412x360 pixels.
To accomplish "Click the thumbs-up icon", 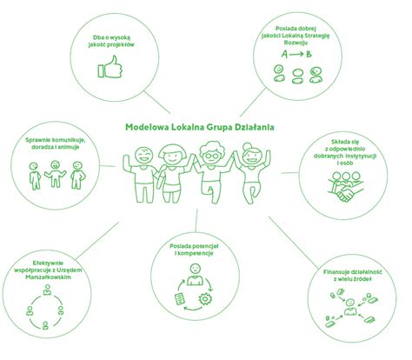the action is [x=110, y=67].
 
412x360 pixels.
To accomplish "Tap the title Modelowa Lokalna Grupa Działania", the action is [x=200, y=127].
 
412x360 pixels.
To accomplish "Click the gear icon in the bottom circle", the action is [x=205, y=298].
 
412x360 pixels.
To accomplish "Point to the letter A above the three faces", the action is [x=284, y=54].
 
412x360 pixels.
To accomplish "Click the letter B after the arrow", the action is [x=309, y=54].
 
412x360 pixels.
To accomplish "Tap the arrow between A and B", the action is [x=296, y=54].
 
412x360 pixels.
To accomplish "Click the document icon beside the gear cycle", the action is [x=180, y=299].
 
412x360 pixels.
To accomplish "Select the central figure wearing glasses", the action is [x=213, y=171].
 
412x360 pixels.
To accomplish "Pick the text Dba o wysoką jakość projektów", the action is [x=111, y=41].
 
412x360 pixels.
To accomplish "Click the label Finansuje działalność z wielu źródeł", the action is [x=352, y=276].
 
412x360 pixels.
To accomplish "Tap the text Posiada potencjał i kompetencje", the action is [x=194, y=250].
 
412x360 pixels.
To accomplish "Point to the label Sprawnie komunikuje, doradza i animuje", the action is [x=55, y=143].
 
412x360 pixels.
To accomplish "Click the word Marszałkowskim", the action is [x=48, y=277].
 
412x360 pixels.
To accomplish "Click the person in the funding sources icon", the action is [x=350, y=307].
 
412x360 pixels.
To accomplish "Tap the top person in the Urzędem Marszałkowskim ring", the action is [x=47, y=290].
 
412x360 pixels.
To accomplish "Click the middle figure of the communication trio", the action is [x=55, y=174].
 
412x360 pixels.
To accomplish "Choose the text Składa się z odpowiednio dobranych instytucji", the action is [x=345, y=152].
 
